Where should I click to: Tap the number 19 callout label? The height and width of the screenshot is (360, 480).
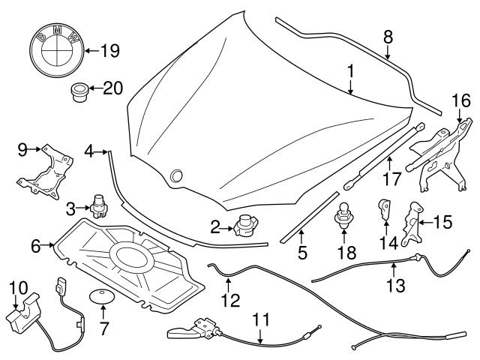click(x=109, y=52)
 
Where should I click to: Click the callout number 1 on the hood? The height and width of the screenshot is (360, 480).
click(x=349, y=73)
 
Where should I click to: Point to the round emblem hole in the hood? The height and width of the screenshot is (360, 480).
click(x=177, y=175)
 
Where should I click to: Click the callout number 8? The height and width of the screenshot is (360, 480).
click(x=387, y=37)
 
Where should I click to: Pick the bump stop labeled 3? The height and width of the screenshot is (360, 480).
click(x=99, y=204)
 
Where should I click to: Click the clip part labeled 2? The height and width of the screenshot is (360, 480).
click(x=245, y=224)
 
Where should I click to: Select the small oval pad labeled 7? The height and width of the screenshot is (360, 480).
click(x=101, y=295)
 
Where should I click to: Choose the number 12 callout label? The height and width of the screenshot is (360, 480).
click(x=230, y=301)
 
